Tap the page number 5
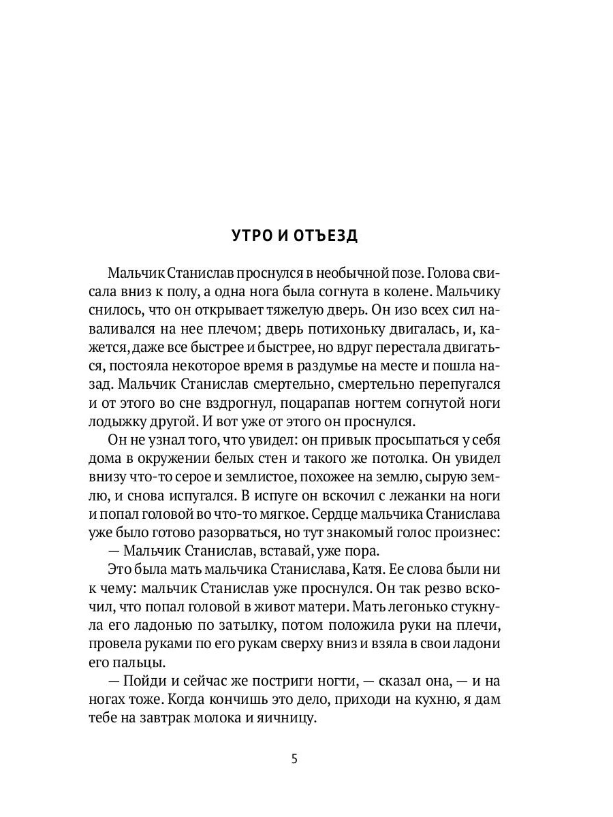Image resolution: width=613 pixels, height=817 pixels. pyautogui.click(x=294, y=759)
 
